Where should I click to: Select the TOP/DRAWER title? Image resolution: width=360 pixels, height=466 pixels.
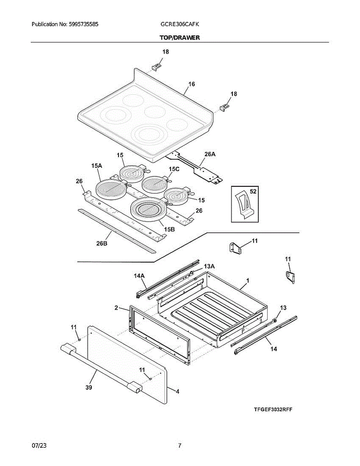point(180,38)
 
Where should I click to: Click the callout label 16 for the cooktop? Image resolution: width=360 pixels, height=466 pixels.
point(191,84)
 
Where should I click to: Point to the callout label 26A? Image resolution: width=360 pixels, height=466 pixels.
point(210,154)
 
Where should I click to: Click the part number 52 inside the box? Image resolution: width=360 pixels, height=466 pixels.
point(253,191)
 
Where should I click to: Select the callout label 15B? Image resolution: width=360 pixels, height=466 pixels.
point(169,230)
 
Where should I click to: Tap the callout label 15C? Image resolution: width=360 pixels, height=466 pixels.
point(174,169)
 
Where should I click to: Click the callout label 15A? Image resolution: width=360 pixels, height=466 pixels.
point(97,166)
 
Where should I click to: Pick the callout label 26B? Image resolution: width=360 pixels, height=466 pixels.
point(102,243)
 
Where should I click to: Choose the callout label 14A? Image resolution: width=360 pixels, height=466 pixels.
point(139,276)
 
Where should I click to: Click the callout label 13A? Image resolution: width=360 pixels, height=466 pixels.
point(209,266)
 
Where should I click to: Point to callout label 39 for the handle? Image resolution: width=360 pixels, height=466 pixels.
point(89,388)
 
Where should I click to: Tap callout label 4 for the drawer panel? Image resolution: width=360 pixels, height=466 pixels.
point(177,392)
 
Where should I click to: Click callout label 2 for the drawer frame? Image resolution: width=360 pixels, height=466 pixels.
point(116,308)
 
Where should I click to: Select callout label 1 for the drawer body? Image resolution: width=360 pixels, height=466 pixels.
point(247,280)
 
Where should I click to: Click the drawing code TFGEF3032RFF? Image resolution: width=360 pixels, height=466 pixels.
point(273,409)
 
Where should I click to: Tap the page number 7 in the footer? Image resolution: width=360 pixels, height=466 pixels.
point(180,446)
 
